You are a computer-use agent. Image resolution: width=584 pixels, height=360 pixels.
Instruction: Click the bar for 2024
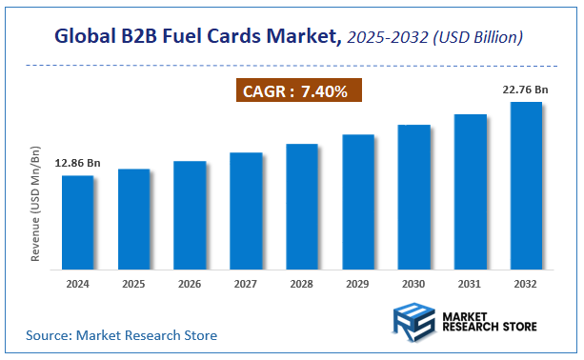tap(78, 223)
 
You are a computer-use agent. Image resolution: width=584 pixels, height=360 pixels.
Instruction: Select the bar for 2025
tap(133, 219)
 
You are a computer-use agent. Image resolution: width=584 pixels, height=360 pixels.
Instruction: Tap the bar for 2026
tap(190, 215)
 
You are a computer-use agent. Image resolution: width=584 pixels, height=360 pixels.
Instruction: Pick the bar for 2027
tap(246, 211)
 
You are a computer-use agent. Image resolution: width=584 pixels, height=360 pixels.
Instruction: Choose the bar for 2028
tap(302, 207)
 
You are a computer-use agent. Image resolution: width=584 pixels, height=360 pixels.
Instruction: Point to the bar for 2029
tap(358, 202)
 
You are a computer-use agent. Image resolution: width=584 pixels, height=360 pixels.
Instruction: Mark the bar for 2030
tap(414, 197)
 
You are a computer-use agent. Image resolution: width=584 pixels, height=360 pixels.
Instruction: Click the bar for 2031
tap(471, 191)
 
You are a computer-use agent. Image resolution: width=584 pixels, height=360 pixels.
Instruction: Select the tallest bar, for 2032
tap(526, 186)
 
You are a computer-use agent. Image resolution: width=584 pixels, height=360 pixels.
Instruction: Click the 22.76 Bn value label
tap(526, 90)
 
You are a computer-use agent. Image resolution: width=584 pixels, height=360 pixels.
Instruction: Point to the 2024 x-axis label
tap(78, 284)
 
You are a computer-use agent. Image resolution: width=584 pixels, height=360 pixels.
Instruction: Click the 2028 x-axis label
tap(302, 284)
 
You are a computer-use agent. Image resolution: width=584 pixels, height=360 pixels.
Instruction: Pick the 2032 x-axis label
tap(526, 284)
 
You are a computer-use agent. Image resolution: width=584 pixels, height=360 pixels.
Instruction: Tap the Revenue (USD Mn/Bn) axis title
tap(36, 204)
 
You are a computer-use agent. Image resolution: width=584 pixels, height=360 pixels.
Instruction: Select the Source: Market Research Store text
tap(122, 335)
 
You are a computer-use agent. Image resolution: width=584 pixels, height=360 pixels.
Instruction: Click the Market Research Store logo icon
tap(413, 322)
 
